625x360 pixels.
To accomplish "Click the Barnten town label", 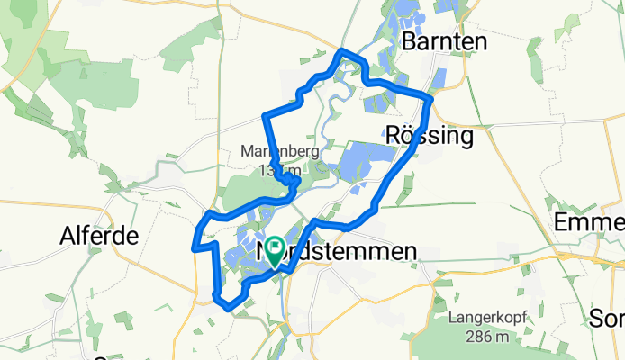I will (445, 41).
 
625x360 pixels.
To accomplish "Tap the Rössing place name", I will (429, 137).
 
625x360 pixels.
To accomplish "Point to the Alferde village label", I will (99, 237).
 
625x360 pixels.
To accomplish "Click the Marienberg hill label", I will (279, 152).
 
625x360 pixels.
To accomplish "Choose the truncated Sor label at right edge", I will (606, 318).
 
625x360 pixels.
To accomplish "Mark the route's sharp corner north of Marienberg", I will (264, 115).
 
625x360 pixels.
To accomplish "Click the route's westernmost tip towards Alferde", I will (195, 246).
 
